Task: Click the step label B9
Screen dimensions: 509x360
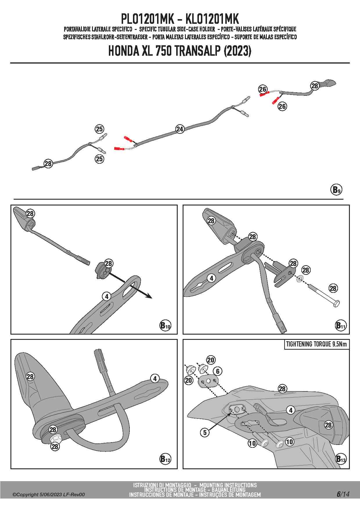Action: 336,190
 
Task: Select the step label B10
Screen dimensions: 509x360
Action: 165,325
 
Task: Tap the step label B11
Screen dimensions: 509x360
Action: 341,325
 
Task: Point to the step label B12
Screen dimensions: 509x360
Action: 165,459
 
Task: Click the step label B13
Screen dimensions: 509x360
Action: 341,459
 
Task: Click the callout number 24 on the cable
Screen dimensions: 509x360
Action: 180,129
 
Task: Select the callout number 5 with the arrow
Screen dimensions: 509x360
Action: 205,432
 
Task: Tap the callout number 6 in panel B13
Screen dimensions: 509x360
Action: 218,371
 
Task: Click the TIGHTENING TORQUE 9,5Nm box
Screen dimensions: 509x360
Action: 316,344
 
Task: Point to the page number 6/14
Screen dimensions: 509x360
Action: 343,494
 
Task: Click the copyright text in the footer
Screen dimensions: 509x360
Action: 48,494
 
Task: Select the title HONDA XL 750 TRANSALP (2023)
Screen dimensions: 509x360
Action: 180,51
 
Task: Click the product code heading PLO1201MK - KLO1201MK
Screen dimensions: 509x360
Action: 180,19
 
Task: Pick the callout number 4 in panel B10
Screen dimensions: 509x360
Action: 107,296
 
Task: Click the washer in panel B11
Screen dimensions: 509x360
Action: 300,279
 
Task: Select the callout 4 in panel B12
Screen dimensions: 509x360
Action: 155,378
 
